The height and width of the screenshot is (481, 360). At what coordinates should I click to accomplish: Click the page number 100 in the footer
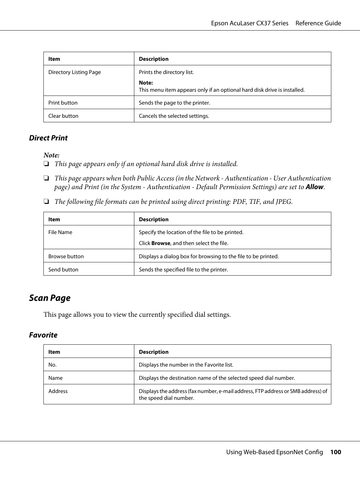pyautogui.click(x=335, y=452)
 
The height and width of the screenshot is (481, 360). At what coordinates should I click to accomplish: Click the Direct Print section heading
pyautogui.click(x=48, y=138)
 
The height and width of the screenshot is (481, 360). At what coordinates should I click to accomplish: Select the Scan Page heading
pyautogui.click(x=50, y=298)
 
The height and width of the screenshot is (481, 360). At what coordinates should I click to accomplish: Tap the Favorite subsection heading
pyautogui.click(x=43, y=335)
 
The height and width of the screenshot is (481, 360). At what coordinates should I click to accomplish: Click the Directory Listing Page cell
pyautogui.click(x=75, y=72)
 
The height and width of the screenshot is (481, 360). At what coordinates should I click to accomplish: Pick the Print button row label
pyautogui.click(x=63, y=103)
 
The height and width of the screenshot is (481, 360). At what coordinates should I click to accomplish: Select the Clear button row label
pyautogui.click(x=63, y=116)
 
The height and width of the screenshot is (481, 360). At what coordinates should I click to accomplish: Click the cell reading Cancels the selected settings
pyautogui.click(x=174, y=116)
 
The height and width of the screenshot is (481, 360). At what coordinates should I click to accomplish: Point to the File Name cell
pyautogui.click(x=60, y=232)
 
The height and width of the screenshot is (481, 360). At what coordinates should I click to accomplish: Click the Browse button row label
pyautogui.click(x=66, y=256)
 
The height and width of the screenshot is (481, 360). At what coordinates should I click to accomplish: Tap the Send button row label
pyautogui.click(x=63, y=270)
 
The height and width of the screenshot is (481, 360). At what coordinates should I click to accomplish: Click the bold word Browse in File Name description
pyautogui.click(x=161, y=243)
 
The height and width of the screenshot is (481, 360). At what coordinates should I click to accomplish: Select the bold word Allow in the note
pyautogui.click(x=314, y=187)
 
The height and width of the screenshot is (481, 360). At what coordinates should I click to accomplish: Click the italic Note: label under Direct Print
pyautogui.click(x=51, y=155)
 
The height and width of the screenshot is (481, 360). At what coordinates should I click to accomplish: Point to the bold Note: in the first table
pyautogui.click(x=146, y=83)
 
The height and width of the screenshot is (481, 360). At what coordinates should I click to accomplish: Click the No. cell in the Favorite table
pyautogui.click(x=52, y=365)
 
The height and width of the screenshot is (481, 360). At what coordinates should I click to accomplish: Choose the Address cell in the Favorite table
pyautogui.click(x=58, y=391)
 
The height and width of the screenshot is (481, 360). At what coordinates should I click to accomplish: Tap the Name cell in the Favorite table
pyautogui.click(x=55, y=378)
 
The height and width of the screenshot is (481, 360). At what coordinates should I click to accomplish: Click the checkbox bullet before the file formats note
pyautogui.click(x=46, y=202)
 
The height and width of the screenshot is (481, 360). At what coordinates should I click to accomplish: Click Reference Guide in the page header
pyautogui.click(x=318, y=23)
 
